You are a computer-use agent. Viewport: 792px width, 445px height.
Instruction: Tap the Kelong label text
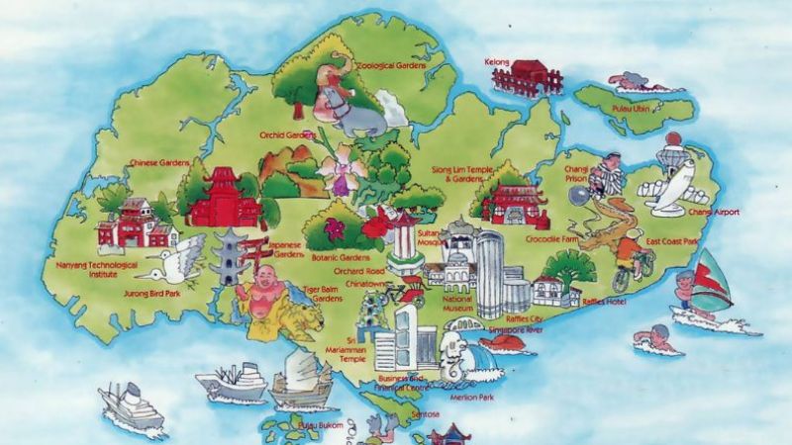coord(497,62)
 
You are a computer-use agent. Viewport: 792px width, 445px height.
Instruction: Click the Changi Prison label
coord(576,174)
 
